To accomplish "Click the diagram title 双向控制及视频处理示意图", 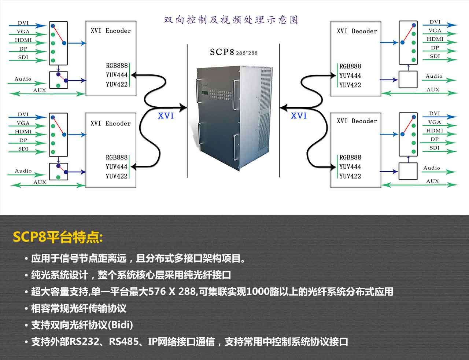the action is tap(231, 20).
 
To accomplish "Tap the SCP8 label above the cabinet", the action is tap(222, 52).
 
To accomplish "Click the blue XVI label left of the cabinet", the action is tap(166, 116).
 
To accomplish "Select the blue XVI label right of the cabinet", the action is tap(299, 116).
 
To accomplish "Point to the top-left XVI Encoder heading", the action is tap(111, 31).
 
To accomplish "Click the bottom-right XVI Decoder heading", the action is tap(357, 121).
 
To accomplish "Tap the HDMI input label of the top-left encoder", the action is tap(23, 40).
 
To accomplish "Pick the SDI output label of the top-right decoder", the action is tap(435, 56).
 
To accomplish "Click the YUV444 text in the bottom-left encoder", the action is tap(117, 167).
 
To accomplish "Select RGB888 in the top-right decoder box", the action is tap(350, 66).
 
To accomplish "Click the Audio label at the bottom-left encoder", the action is tap(23, 171).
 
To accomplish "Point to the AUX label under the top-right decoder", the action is tap(433, 89).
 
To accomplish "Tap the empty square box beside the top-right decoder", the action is tap(408, 80).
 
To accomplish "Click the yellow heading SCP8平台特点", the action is tap(58, 237).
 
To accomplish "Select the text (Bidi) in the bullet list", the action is tap(120, 325).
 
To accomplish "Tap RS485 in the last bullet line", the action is tap(124, 342).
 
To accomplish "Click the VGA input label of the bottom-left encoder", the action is tap(23, 123).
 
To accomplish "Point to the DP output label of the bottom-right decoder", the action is tap(435, 139).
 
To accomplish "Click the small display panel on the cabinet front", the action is tap(204, 93).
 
